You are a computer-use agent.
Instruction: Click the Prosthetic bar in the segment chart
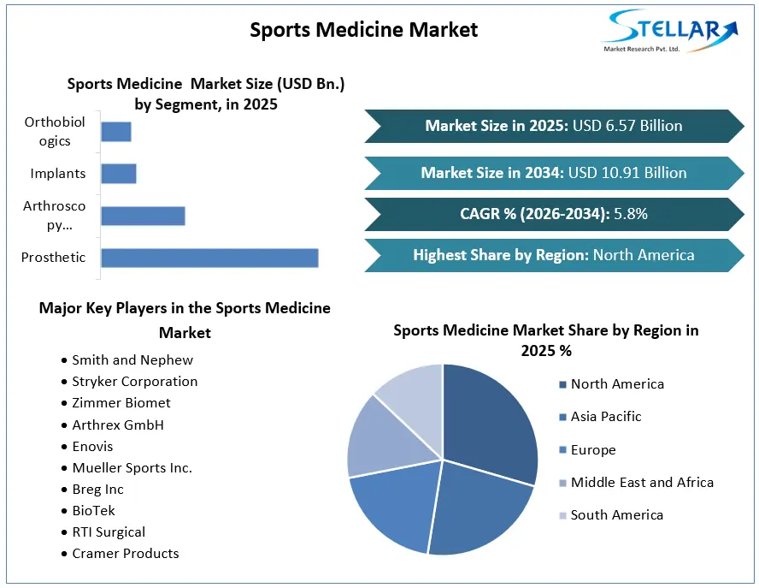(209, 258)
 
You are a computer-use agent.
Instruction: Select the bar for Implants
(119, 174)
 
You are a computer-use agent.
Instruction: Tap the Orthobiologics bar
(116, 132)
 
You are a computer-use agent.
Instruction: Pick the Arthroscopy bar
(144, 216)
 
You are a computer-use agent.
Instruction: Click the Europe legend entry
(588, 450)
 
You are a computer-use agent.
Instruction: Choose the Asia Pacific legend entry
(600, 417)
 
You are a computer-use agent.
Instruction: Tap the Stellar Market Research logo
(670, 31)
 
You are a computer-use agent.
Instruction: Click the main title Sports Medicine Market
(364, 30)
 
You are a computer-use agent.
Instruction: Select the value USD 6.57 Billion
(627, 126)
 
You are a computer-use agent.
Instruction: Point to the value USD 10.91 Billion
(627, 173)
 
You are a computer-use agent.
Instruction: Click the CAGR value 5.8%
(631, 214)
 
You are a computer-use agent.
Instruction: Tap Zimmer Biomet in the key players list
(121, 403)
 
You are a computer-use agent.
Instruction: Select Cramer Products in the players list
(126, 554)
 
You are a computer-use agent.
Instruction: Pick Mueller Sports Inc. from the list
(132, 468)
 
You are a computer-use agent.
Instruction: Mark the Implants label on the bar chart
(57, 174)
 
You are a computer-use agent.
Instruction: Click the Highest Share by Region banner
(554, 255)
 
